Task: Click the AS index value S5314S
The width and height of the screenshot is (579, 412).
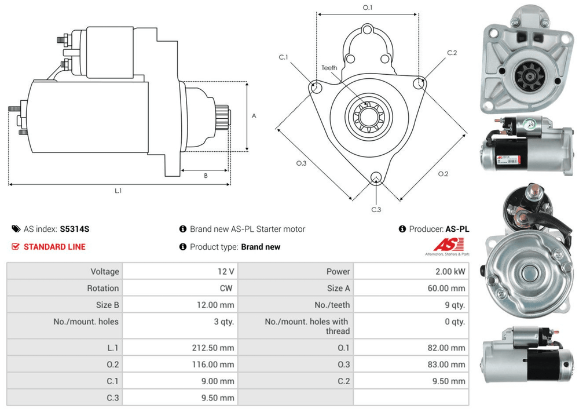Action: tap(75, 229)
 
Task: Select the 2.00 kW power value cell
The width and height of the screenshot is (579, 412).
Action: tap(450, 271)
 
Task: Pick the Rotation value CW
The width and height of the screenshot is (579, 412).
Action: tap(227, 288)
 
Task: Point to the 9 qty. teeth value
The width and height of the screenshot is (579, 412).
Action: tap(455, 305)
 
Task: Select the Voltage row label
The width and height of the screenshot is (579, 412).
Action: tap(104, 271)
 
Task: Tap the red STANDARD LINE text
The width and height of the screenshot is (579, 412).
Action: tap(54, 247)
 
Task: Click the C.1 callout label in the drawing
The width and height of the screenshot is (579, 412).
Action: tap(284, 57)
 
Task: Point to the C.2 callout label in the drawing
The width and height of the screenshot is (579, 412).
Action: tap(452, 53)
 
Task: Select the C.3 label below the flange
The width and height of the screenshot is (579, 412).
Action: tap(376, 209)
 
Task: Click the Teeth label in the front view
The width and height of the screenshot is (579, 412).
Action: tap(329, 68)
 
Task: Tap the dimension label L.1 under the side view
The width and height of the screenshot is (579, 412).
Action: tap(118, 191)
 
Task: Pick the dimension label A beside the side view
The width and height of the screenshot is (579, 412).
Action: tap(254, 116)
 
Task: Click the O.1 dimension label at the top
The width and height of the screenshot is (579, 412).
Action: tap(367, 8)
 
